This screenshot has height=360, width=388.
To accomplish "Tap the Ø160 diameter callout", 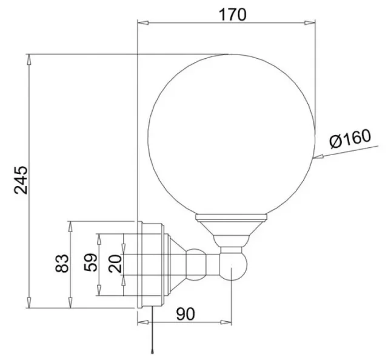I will [x=350, y=141].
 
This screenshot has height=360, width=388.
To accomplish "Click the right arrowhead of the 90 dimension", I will [x=229, y=322].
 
